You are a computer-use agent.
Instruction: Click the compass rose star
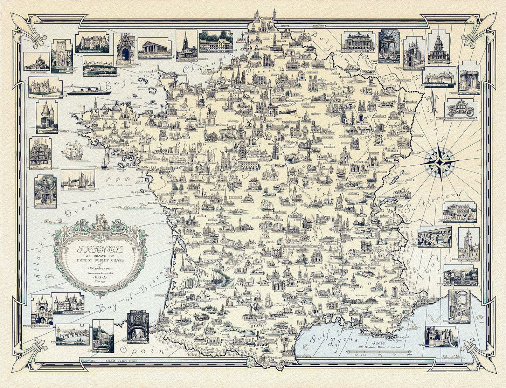pyautogui.click(x=439, y=161)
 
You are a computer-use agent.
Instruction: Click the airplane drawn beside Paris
pyautogui.click(x=289, y=112)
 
